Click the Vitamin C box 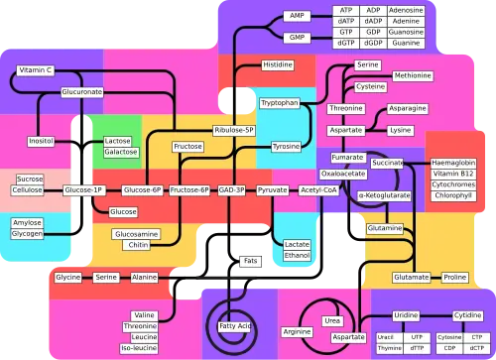[x=35, y=70]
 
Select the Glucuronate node [x=82, y=91]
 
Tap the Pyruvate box [x=272, y=188]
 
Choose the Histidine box [x=277, y=64]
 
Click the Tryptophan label [x=279, y=102]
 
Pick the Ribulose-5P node [x=234, y=130]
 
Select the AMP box [x=297, y=16]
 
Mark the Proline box [x=454, y=277]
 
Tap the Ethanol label [x=297, y=255]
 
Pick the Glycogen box [x=27, y=234]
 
